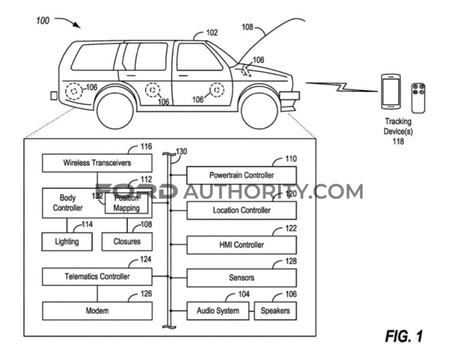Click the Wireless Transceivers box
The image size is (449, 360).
coord(97,163)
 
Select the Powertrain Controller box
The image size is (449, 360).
coord(242,176)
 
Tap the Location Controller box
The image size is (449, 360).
coord(242,210)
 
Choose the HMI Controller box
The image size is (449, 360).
coord(242,245)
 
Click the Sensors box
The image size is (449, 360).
coord(242,278)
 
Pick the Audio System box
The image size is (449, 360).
coord(218,311)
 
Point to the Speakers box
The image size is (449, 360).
coord(275,311)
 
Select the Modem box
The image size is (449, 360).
coord(97,311)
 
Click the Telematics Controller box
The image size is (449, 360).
coord(97,275)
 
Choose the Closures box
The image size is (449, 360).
coord(127,241)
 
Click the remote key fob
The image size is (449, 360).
coord(418,97)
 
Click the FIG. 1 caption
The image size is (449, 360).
coord(403,337)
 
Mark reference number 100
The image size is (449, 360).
coord(43,20)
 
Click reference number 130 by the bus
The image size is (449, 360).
coord(182,152)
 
